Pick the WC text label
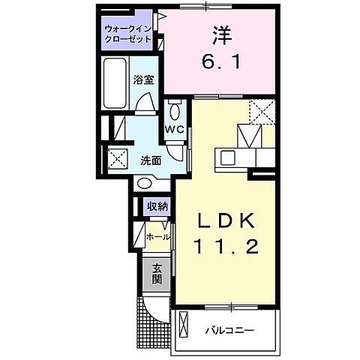(175, 129)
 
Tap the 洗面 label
(151, 160)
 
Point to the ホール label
(157, 235)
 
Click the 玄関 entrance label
(157, 274)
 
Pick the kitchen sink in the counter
(228, 157)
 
